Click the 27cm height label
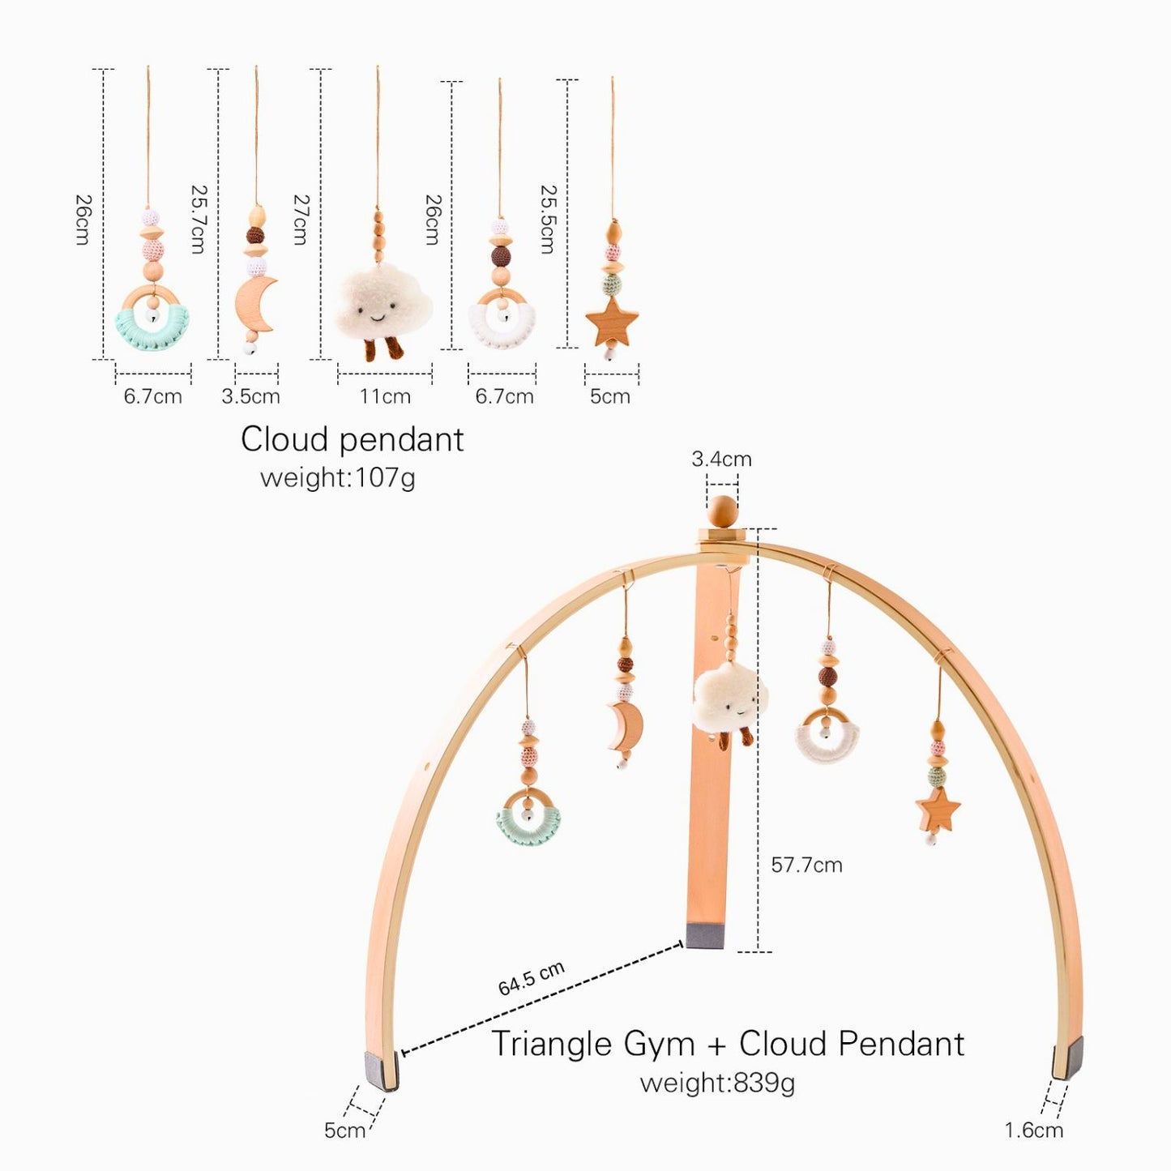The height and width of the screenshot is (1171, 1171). (x=300, y=219)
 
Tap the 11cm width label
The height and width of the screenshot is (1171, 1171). (x=385, y=396)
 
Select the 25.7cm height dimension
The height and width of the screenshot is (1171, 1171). (x=199, y=219)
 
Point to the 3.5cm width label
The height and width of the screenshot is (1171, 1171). (x=250, y=396)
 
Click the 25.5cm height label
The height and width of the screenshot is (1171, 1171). (x=549, y=219)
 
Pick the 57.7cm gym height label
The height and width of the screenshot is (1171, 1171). (x=806, y=865)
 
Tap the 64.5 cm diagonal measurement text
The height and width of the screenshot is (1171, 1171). (x=531, y=979)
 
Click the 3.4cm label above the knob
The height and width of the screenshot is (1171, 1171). (x=721, y=459)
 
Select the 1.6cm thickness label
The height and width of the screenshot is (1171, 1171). (x=1033, y=1130)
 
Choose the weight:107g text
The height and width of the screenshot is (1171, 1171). (x=337, y=477)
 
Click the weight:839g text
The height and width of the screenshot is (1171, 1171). (x=717, y=1083)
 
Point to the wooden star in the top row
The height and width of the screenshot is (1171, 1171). (x=612, y=322)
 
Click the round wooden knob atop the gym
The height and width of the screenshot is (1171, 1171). (x=721, y=512)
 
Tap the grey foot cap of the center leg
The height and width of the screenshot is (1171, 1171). (x=705, y=934)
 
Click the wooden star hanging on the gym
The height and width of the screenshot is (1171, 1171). (x=938, y=810)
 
